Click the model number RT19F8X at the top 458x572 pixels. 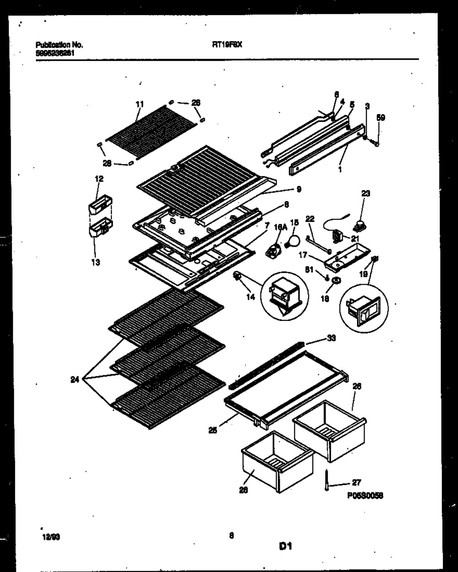tap(227, 45)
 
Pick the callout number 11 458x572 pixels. tap(140, 104)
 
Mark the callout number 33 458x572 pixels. tap(331, 338)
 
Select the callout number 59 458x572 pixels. tap(381, 118)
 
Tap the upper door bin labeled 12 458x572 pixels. tap(100, 205)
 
